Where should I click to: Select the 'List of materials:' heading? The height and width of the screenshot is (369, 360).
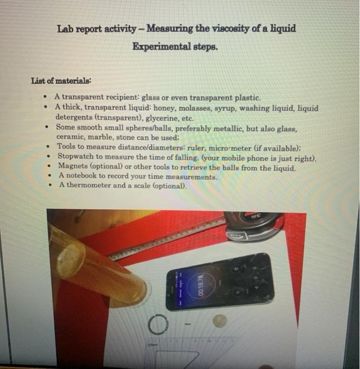pos(61,81)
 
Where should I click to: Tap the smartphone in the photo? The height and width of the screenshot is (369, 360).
pos(220,283)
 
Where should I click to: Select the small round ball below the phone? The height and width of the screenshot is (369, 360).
pos(219,321)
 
